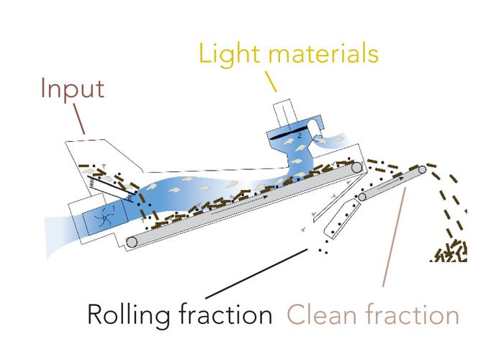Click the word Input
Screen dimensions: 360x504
pyautogui.click(x=72, y=89)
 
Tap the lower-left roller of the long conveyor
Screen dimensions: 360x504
pyautogui.click(x=131, y=241)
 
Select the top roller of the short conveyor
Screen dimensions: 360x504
pyautogui.click(x=422, y=170)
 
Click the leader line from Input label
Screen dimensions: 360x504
pyautogui.click(x=78, y=121)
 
